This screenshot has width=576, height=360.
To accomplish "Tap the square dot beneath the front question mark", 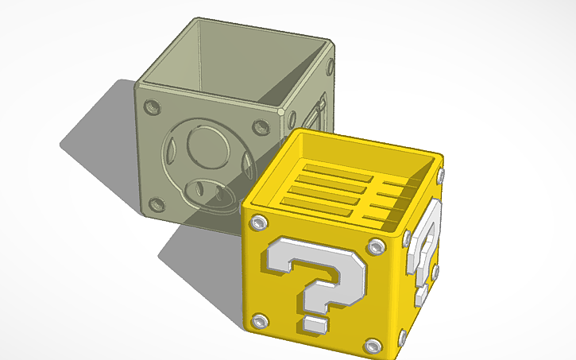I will (x=315, y=325).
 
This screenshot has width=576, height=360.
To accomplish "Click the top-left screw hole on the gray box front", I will (x=153, y=105).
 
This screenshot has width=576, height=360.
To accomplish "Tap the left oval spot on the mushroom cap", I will (x=170, y=151).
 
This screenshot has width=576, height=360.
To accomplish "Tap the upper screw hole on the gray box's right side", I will (x=330, y=65).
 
